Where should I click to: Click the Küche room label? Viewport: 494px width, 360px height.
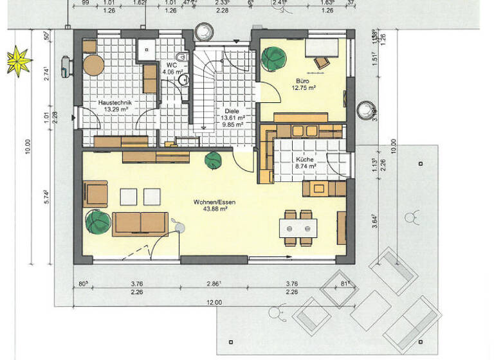tap(305, 159)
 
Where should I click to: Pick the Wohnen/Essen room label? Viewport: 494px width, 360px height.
tap(214, 202)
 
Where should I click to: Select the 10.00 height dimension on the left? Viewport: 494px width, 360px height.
tap(27, 148)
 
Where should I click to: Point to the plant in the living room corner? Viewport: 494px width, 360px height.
tap(98, 222)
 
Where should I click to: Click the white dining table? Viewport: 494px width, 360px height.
tap(297, 227)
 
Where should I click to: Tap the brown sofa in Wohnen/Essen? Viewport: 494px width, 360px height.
tap(140, 223)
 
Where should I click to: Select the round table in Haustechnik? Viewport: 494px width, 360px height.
tap(95, 65)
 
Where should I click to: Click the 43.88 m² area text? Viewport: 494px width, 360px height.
tap(214, 209)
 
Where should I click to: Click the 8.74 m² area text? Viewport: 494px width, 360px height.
tap(305, 166)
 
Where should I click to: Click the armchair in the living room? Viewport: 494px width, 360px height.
tap(96, 194)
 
